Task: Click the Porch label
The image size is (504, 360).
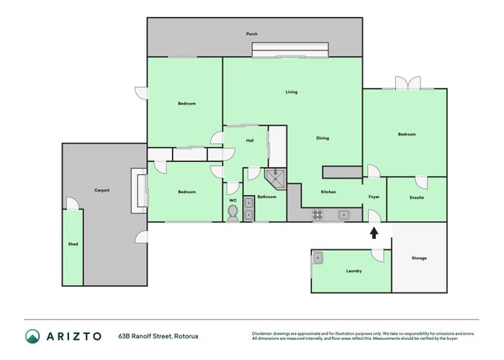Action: (x=252, y=34)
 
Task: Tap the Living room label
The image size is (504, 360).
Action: (x=292, y=92)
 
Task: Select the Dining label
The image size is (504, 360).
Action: (x=323, y=138)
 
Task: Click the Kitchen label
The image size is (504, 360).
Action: (x=328, y=192)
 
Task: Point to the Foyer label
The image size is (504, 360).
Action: (x=374, y=197)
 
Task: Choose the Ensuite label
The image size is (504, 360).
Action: (x=416, y=197)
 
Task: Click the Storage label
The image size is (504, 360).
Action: (x=419, y=258)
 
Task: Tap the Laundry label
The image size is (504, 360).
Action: (x=354, y=271)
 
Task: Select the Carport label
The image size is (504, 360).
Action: (x=102, y=190)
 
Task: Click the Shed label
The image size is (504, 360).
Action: (x=73, y=244)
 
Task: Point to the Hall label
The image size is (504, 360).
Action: (x=250, y=140)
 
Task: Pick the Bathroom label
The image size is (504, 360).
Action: (x=267, y=197)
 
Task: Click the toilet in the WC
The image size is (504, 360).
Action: (x=233, y=213)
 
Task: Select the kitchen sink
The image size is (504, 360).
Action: (x=344, y=214)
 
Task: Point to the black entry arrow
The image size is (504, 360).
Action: (x=374, y=232)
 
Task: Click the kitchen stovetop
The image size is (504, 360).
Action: (x=318, y=214)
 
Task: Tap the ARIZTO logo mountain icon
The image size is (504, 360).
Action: (x=33, y=336)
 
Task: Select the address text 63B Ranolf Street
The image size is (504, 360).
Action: (x=158, y=336)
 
